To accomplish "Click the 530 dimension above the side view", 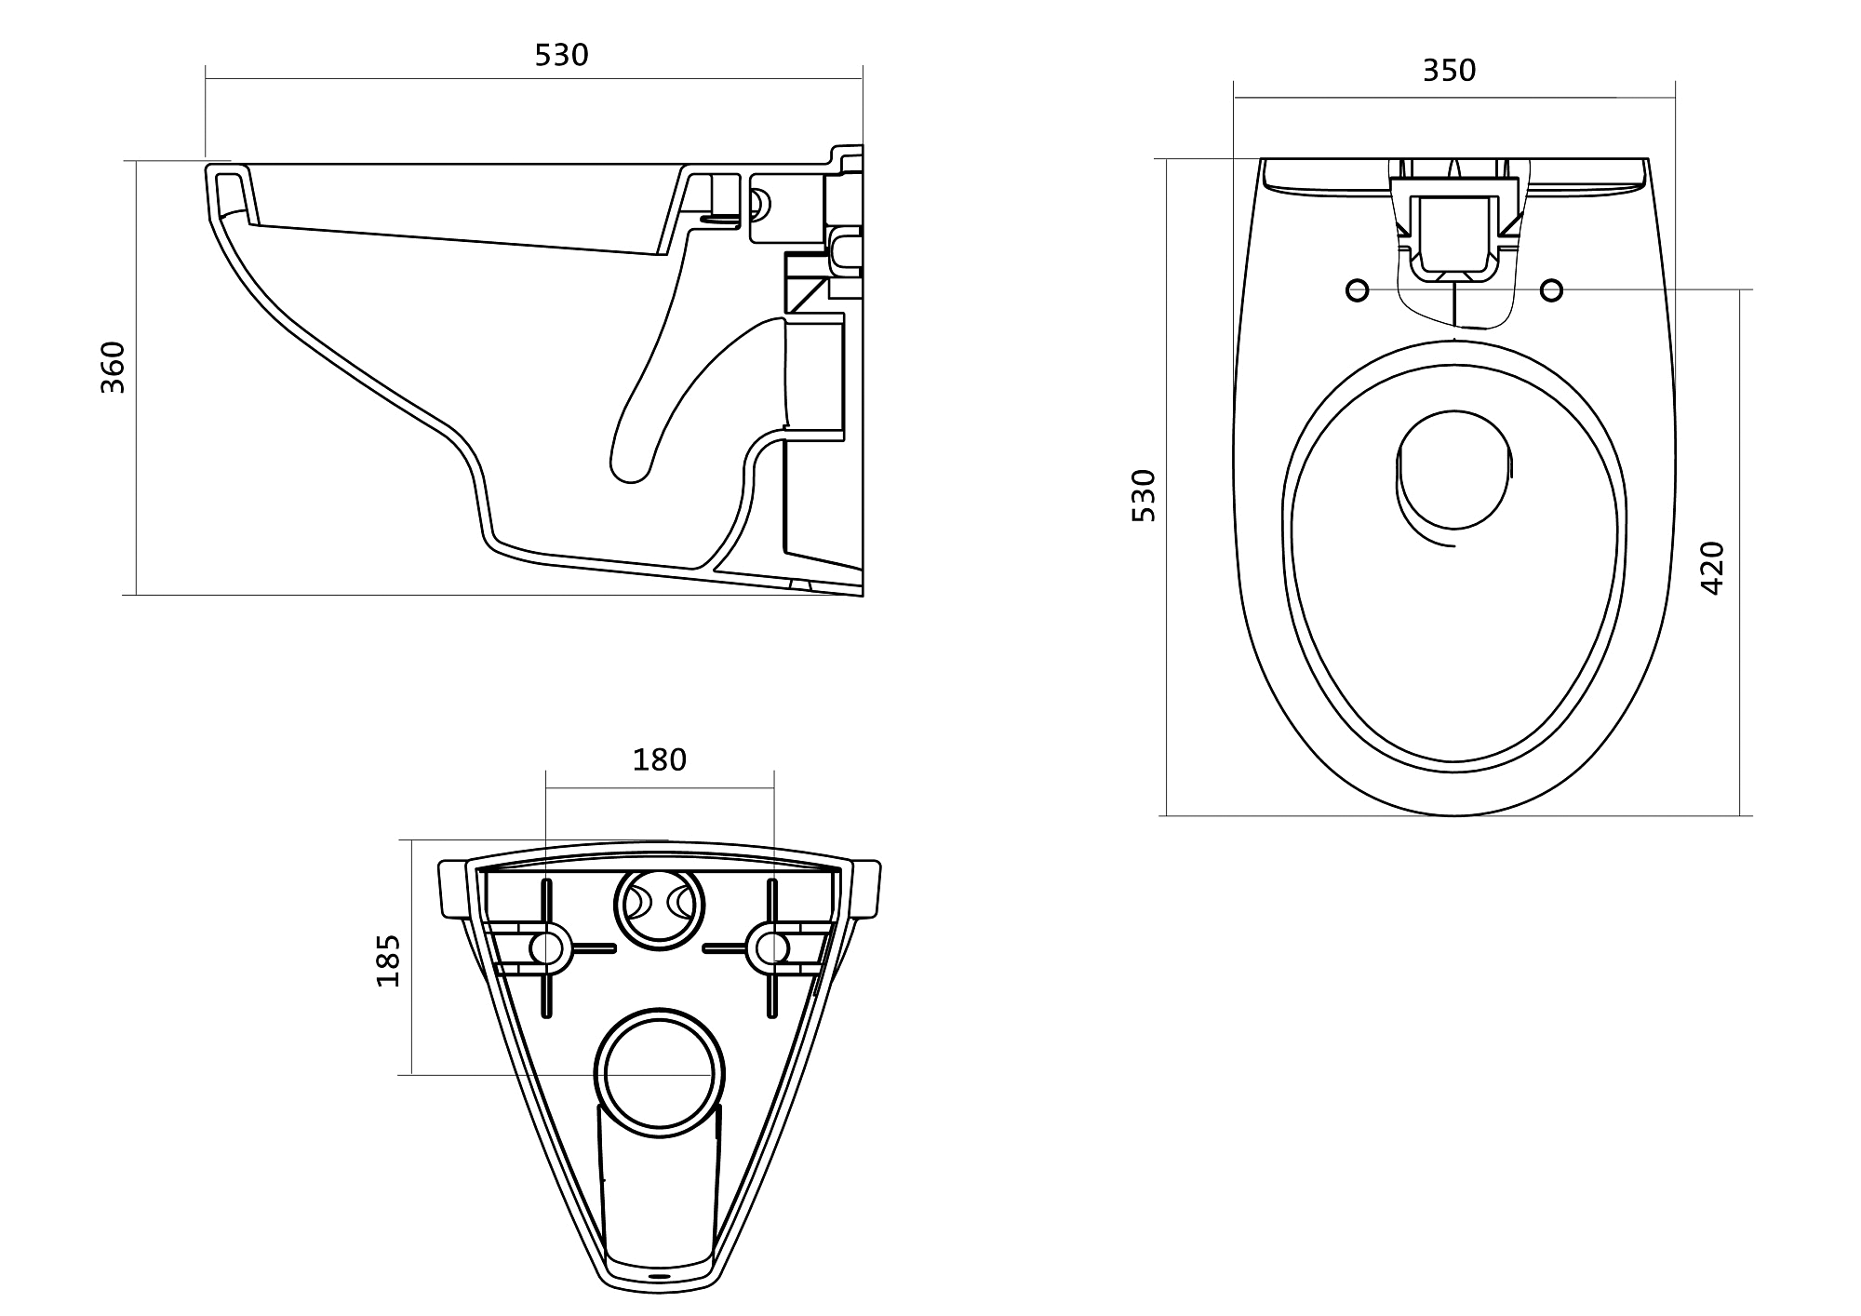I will click(561, 56).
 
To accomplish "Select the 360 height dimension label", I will click(113, 368).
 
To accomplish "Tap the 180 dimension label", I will click(659, 760).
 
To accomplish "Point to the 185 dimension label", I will click(387, 960).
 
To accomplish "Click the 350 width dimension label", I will click(1449, 71).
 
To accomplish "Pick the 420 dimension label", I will click(1712, 568).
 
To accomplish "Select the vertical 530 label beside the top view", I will click(1144, 495).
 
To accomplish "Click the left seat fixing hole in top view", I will click(1358, 290).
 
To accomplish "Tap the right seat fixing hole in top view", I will click(1551, 290).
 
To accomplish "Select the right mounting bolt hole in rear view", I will click(771, 948).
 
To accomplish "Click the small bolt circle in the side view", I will click(758, 204).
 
